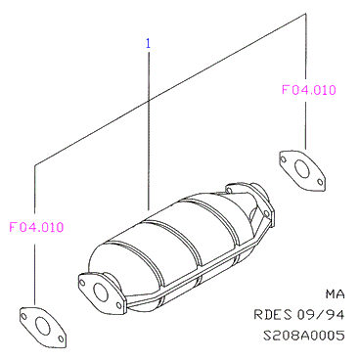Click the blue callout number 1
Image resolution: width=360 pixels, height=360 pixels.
148,43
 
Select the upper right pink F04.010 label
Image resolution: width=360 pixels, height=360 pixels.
308,90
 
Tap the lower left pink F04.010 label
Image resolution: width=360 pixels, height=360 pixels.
36,227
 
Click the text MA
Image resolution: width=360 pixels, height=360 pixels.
335,294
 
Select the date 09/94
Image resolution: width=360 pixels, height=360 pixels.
320,315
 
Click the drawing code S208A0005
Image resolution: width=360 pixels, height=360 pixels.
303,336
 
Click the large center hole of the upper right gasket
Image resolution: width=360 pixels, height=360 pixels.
302,168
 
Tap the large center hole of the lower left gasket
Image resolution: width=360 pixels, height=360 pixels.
43,325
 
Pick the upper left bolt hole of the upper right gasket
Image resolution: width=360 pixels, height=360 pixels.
283,159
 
